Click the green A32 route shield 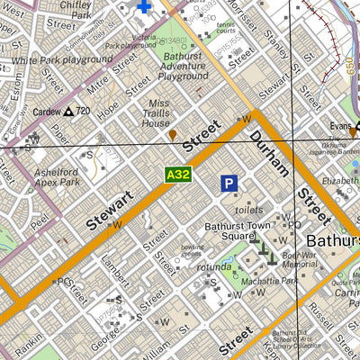click(177, 175)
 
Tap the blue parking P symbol click(230, 184)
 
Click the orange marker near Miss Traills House click(172, 135)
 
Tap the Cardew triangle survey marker click(69, 112)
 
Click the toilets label click(247, 210)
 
